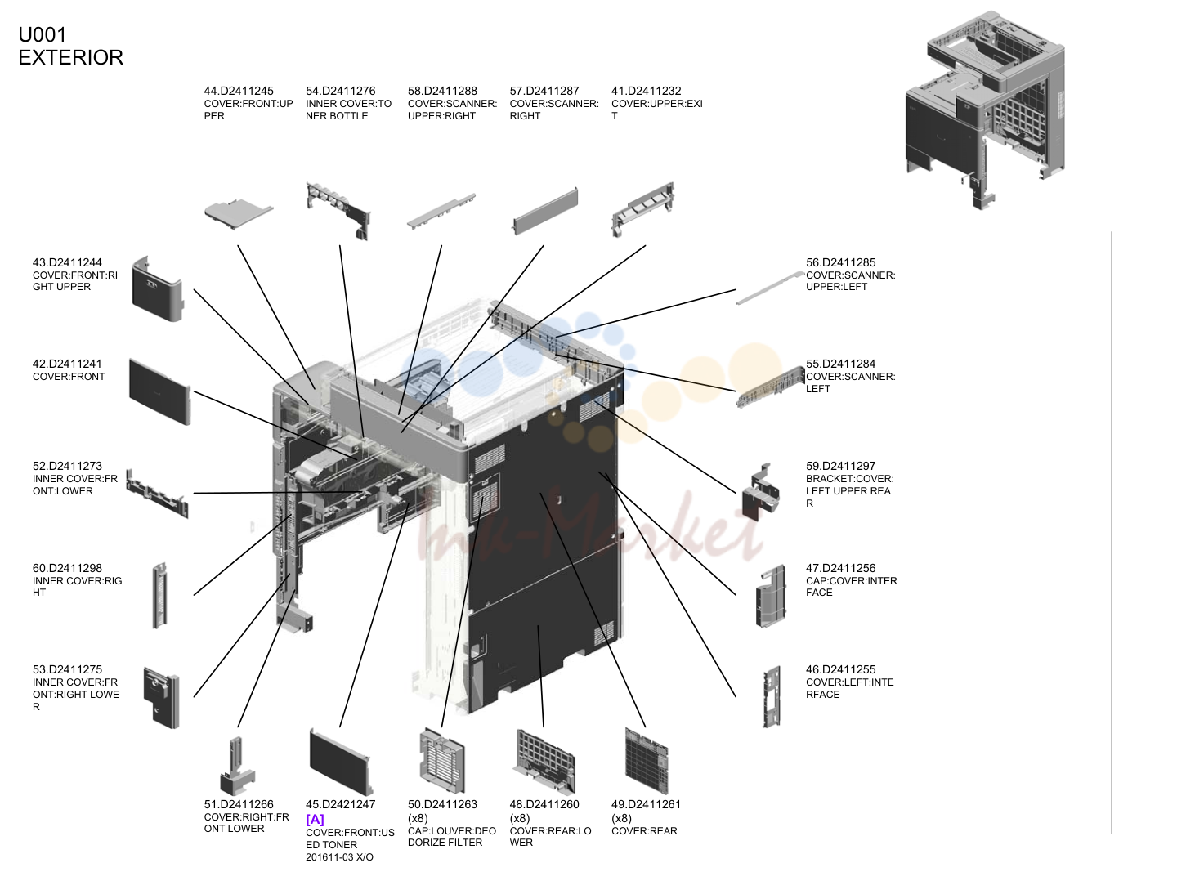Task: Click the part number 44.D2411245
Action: tap(238, 91)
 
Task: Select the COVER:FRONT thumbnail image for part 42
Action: tap(160, 391)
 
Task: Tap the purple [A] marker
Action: tap(315, 820)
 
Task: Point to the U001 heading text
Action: tap(43, 35)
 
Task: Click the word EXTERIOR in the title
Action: tap(71, 58)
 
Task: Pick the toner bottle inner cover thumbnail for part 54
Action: tap(338, 211)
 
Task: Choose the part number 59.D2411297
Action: tap(841, 467)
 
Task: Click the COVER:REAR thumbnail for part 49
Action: tap(647, 761)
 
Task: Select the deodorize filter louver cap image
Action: tap(442, 760)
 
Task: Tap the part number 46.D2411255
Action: tap(841, 670)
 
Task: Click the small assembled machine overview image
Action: tap(985, 110)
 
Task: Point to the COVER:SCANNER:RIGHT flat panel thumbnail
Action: tap(545, 211)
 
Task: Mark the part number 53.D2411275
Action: tap(67, 670)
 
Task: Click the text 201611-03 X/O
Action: tap(339, 857)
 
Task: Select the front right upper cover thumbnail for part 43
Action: tap(158, 288)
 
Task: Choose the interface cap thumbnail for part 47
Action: tap(771, 597)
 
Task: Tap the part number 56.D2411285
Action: tap(841, 262)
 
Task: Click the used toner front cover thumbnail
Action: tap(342, 762)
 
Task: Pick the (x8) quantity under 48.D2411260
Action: tap(520, 819)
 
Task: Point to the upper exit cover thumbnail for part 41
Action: tap(643, 210)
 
